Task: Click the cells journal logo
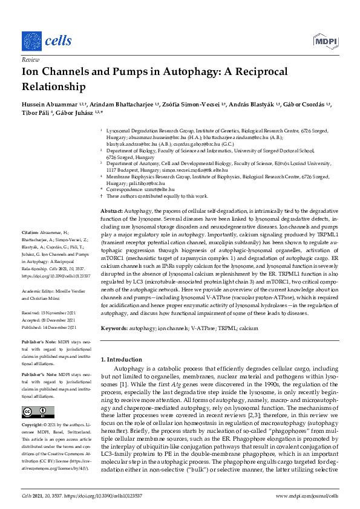click(x=46, y=41)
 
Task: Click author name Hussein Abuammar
click(x=47, y=105)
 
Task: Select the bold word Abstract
click(x=111, y=209)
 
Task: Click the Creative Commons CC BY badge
click(x=32, y=412)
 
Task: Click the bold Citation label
click(x=30, y=232)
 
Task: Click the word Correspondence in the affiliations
click(x=125, y=189)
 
